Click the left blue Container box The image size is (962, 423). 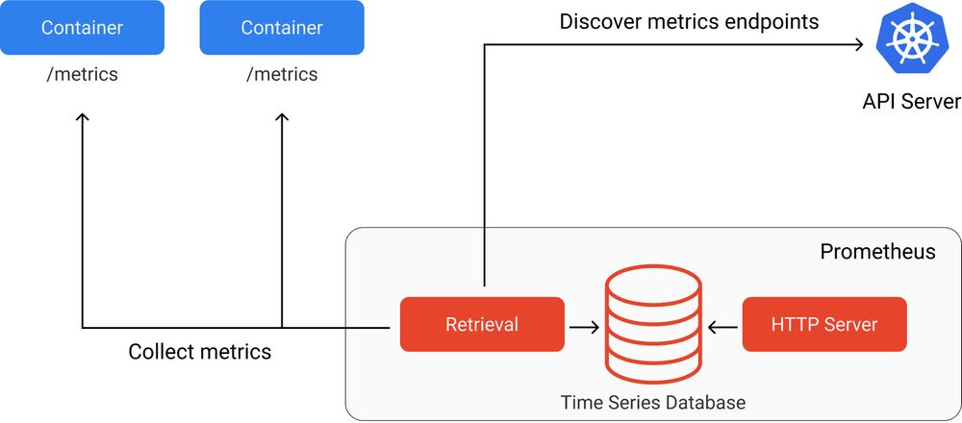[x=82, y=28]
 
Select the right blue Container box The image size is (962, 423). [x=282, y=28]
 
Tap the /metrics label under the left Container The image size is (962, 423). [x=82, y=74]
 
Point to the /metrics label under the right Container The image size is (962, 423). [x=282, y=74]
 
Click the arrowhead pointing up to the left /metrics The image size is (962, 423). [x=83, y=117]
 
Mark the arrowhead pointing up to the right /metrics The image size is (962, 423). [x=282, y=117]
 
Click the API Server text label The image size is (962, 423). [x=911, y=102]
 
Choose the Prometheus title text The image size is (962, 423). [x=877, y=252]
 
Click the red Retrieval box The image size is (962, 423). [x=482, y=325]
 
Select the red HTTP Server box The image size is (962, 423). [x=824, y=325]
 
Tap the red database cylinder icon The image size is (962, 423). [x=652, y=327]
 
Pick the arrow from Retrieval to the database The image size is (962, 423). [x=584, y=327]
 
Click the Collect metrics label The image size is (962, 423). [x=200, y=352]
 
